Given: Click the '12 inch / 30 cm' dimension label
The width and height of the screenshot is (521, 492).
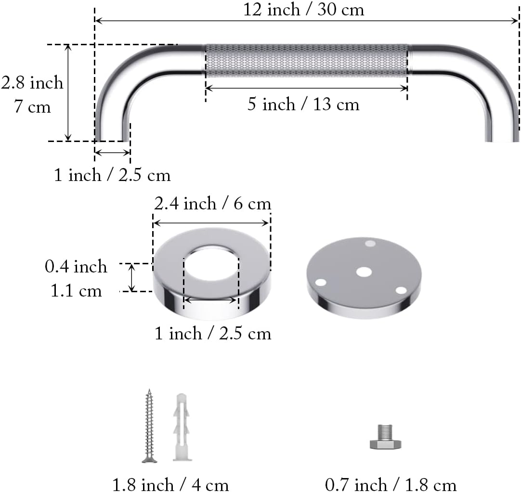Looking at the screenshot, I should coord(303,10).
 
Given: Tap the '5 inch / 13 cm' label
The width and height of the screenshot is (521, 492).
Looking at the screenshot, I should coord(303,104).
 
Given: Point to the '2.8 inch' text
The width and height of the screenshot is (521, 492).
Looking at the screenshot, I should coord(32,83).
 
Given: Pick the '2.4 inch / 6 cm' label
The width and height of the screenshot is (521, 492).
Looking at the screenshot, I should coord(212,204).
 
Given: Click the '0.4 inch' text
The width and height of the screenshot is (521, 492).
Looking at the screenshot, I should coord(76,266).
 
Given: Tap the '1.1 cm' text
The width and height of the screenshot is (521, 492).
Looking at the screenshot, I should coord(76,291).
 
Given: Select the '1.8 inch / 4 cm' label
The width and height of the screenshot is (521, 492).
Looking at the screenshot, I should coord(170,484).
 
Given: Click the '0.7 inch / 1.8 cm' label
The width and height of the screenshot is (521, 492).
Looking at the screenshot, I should coord(391,484).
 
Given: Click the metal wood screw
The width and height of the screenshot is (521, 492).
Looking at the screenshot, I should coord(149,426).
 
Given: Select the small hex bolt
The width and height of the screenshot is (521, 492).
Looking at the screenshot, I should coord(385,437).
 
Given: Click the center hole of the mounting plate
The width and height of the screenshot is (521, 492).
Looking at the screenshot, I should coord(364,272).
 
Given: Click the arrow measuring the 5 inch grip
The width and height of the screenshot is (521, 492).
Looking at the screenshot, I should coord(306,88).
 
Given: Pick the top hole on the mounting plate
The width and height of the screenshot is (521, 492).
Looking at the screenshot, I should coord(370,244).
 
